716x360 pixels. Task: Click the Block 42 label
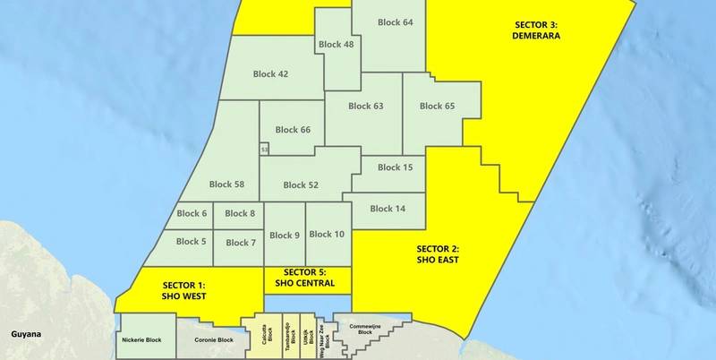coord(270,74)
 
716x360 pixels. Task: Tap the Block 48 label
coord(336,44)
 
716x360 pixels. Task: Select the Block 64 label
coord(395,21)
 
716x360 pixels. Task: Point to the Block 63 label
coord(366,107)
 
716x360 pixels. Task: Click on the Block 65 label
coord(437,107)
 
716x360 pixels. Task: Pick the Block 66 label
coord(293,130)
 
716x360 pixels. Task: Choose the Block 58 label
coord(226,184)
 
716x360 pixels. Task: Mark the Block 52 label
coord(301,185)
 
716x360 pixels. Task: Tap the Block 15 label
coord(395,167)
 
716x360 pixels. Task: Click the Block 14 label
coord(388,209)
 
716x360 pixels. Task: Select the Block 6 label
coord(192,213)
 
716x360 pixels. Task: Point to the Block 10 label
coord(327,235)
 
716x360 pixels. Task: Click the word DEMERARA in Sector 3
coord(536,37)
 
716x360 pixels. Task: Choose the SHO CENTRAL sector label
coord(306,283)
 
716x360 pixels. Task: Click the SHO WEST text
coord(184,295)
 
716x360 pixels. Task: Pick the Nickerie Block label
coord(141,340)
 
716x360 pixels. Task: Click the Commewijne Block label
coord(363,330)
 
